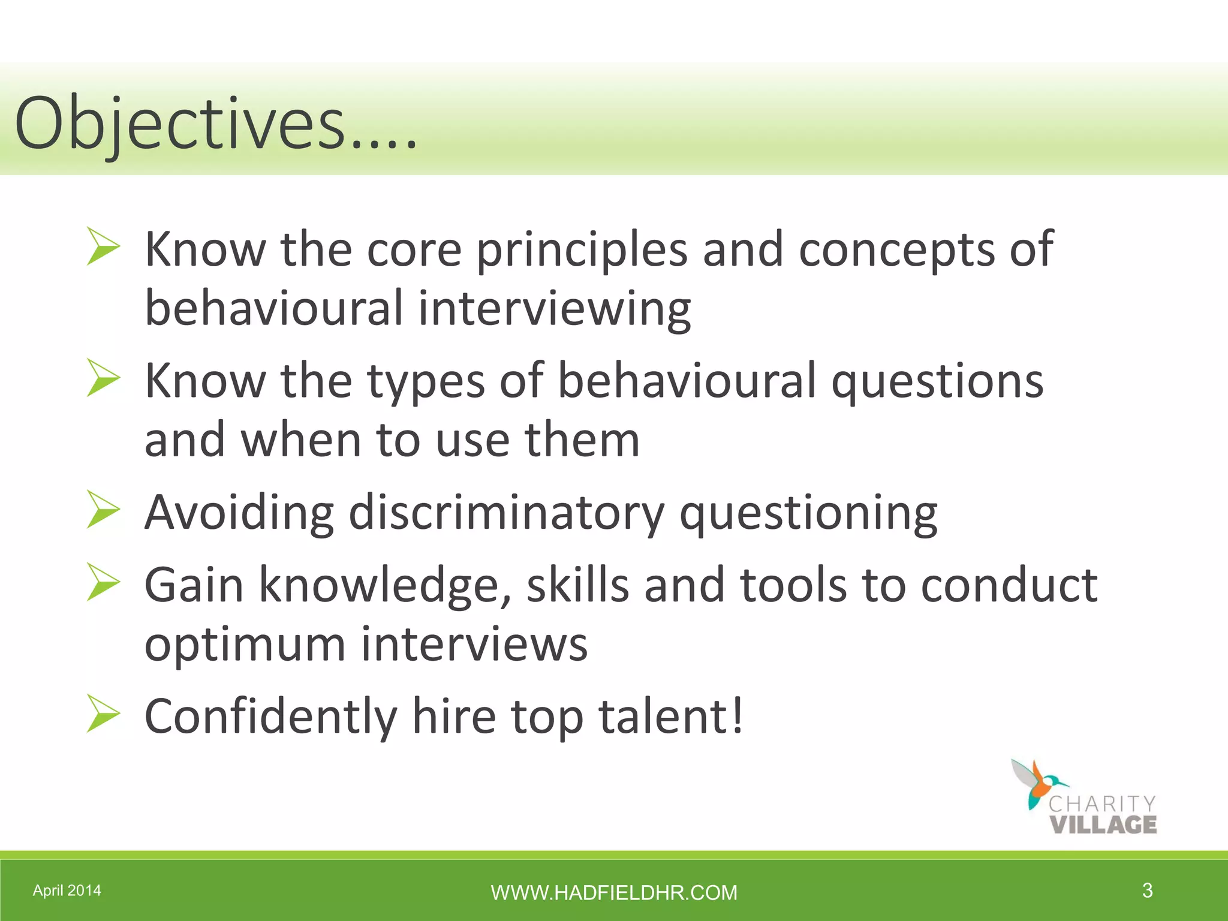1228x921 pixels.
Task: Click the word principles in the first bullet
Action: tap(582, 249)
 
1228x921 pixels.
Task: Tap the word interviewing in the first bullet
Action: tap(554, 308)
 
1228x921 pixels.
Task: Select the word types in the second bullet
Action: tap(426, 381)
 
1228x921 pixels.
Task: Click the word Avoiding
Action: tap(239, 512)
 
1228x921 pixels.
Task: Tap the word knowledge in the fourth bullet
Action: tap(385, 585)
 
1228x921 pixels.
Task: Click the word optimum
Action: tap(245, 645)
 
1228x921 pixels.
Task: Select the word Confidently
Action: tap(271, 716)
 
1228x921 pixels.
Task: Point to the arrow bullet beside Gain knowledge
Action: tap(103, 582)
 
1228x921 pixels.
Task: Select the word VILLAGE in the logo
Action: tap(1103, 824)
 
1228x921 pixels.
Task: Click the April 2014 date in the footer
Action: tap(67, 890)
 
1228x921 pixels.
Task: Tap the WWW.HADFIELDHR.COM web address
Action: tap(614, 893)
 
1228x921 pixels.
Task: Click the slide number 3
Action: tap(1147, 890)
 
